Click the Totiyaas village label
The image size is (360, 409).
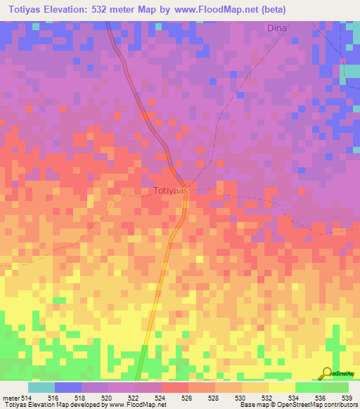(x=172, y=190)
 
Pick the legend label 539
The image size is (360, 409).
(x=347, y=398)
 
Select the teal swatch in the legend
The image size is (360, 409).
(x=41, y=387)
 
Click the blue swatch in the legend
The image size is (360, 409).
(x=68, y=387)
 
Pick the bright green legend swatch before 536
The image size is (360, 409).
(x=308, y=387)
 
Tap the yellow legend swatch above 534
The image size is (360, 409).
(x=281, y=387)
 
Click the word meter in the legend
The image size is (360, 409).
(x=10, y=398)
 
